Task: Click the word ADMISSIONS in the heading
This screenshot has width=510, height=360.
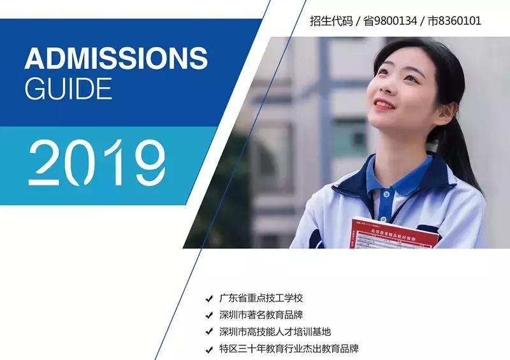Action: [115, 59]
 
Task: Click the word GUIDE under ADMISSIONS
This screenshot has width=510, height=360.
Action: [68, 88]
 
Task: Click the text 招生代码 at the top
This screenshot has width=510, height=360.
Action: [331, 21]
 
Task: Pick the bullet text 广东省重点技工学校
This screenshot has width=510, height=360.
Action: [262, 298]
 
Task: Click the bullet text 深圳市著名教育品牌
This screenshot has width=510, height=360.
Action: [262, 315]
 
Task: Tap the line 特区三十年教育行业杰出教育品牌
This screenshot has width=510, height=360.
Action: [289, 349]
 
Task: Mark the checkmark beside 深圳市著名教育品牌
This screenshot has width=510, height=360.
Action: [209, 315]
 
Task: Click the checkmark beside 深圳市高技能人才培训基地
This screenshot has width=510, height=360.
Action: [209, 333]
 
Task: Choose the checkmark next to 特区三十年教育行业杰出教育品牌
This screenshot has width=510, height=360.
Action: [209, 350]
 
